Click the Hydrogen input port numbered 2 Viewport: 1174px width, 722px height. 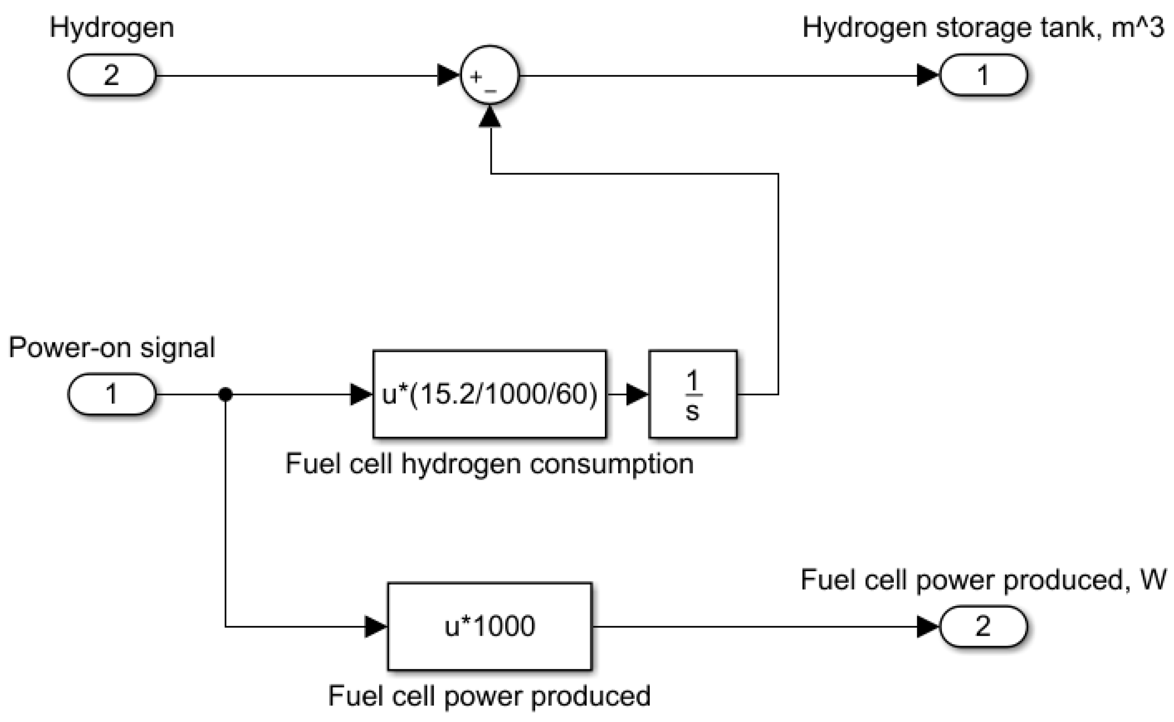pyautogui.click(x=112, y=75)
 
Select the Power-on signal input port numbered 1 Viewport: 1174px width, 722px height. pyautogui.click(x=112, y=394)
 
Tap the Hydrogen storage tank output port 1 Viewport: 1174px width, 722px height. pyautogui.click(x=983, y=75)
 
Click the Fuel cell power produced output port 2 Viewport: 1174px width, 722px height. pyautogui.click(x=983, y=626)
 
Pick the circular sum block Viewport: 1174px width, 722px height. pyautogui.click(x=489, y=75)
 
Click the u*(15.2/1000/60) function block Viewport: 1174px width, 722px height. pyautogui.click(x=489, y=395)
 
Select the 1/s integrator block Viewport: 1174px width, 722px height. pyautogui.click(x=693, y=395)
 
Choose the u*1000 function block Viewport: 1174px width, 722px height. pyautogui.click(x=489, y=626)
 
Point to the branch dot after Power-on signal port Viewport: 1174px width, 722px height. pyautogui.click(x=225, y=395)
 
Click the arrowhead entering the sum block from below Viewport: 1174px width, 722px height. pyautogui.click(x=490, y=117)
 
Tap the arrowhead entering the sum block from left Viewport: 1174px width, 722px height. pyautogui.click(x=448, y=75)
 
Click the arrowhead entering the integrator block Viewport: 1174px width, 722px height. pyautogui.click(x=637, y=395)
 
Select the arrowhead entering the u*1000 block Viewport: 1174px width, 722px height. pyautogui.click(x=375, y=626)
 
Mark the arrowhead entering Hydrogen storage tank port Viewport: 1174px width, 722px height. pyautogui.click(x=928, y=75)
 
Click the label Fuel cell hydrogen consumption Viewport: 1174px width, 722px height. pyautogui.click(x=489, y=464)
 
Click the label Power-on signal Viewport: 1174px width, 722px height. pyautogui.click(x=112, y=347)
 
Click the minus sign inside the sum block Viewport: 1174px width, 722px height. pyautogui.click(x=490, y=90)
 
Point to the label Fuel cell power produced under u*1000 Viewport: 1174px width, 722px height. pyautogui.click(x=489, y=696)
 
